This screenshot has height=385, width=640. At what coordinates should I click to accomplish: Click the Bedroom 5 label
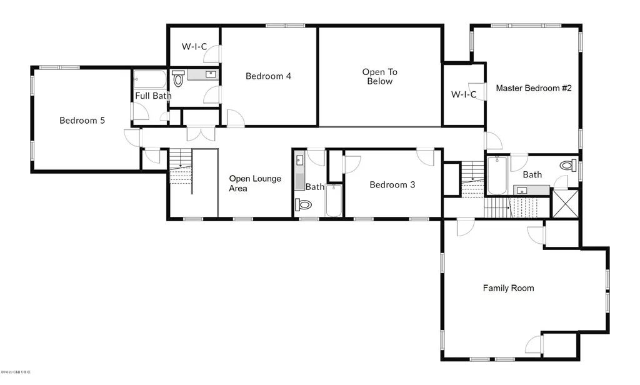tap(82, 121)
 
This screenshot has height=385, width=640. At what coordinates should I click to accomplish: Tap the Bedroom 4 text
tap(268, 76)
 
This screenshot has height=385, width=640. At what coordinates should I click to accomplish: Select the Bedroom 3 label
tap(392, 184)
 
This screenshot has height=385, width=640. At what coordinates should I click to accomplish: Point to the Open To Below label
tap(379, 76)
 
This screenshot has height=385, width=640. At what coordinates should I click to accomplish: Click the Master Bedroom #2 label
tap(534, 88)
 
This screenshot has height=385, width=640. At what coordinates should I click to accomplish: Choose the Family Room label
tap(508, 288)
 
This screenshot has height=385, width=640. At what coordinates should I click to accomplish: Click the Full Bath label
tap(153, 96)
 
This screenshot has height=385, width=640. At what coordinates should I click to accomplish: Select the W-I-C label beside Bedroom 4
tap(194, 46)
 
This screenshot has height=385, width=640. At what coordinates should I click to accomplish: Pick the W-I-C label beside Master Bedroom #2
tap(464, 95)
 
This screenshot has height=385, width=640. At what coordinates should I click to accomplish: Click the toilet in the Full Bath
tap(178, 79)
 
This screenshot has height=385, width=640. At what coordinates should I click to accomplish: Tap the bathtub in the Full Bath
tap(150, 80)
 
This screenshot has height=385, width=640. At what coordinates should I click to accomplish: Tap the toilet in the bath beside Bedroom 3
tap(304, 204)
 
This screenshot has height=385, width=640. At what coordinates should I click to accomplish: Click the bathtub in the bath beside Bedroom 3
tap(334, 200)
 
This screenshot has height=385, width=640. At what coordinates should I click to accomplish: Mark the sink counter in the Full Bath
tap(203, 75)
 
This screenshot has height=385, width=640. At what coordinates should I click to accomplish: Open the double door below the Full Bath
tap(201, 134)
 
